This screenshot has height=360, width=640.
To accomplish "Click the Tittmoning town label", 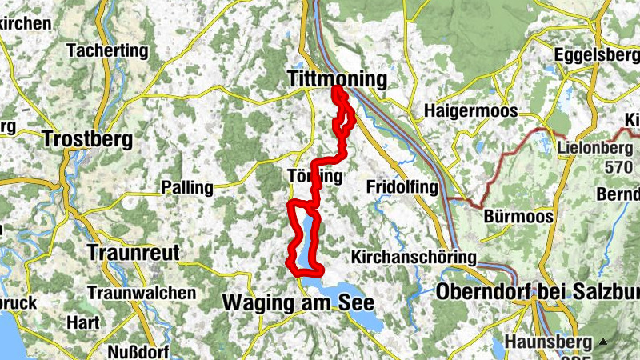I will tap(336, 80).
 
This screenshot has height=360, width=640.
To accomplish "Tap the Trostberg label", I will tap(87, 138).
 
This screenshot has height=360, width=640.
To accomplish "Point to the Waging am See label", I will tap(298, 304).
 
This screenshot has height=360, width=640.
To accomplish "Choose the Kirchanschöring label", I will tap(414, 258).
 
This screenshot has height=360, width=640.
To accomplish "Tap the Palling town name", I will tap(187, 188).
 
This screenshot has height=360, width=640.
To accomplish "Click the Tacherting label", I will tap(108, 51).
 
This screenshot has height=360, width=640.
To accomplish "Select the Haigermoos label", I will tap(471, 111).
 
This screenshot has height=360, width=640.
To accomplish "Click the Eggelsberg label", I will tap(596, 56).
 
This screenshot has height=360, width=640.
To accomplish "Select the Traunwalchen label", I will tap(142, 293).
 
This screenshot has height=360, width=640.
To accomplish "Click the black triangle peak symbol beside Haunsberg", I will tap(603, 342).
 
